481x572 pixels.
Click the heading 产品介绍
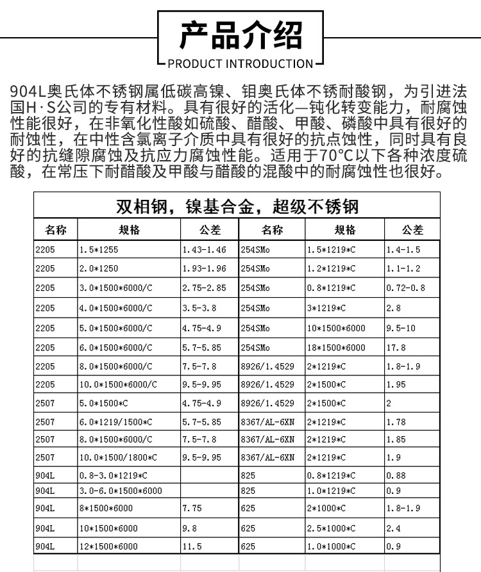coord(240,35)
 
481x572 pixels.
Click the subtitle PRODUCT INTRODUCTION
coord(240,63)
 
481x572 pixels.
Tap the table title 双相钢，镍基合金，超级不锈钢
coord(237,206)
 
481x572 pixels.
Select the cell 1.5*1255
coord(99,250)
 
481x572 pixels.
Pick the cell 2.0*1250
coord(99,268)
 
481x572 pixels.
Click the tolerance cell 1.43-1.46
coord(204,250)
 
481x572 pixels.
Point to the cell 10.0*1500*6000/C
coord(118,385)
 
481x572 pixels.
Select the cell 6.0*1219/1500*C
coord(115,422)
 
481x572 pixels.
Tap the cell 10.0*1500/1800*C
coord(118,458)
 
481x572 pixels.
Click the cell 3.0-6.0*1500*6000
coord(120,491)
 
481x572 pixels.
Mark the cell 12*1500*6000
coord(108,546)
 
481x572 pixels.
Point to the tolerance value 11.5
coord(192,546)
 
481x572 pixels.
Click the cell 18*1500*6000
coord(336,348)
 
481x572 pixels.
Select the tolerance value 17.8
coord(396,348)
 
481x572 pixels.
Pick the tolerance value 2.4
coord(393,528)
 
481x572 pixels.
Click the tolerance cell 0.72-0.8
coord(405,288)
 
